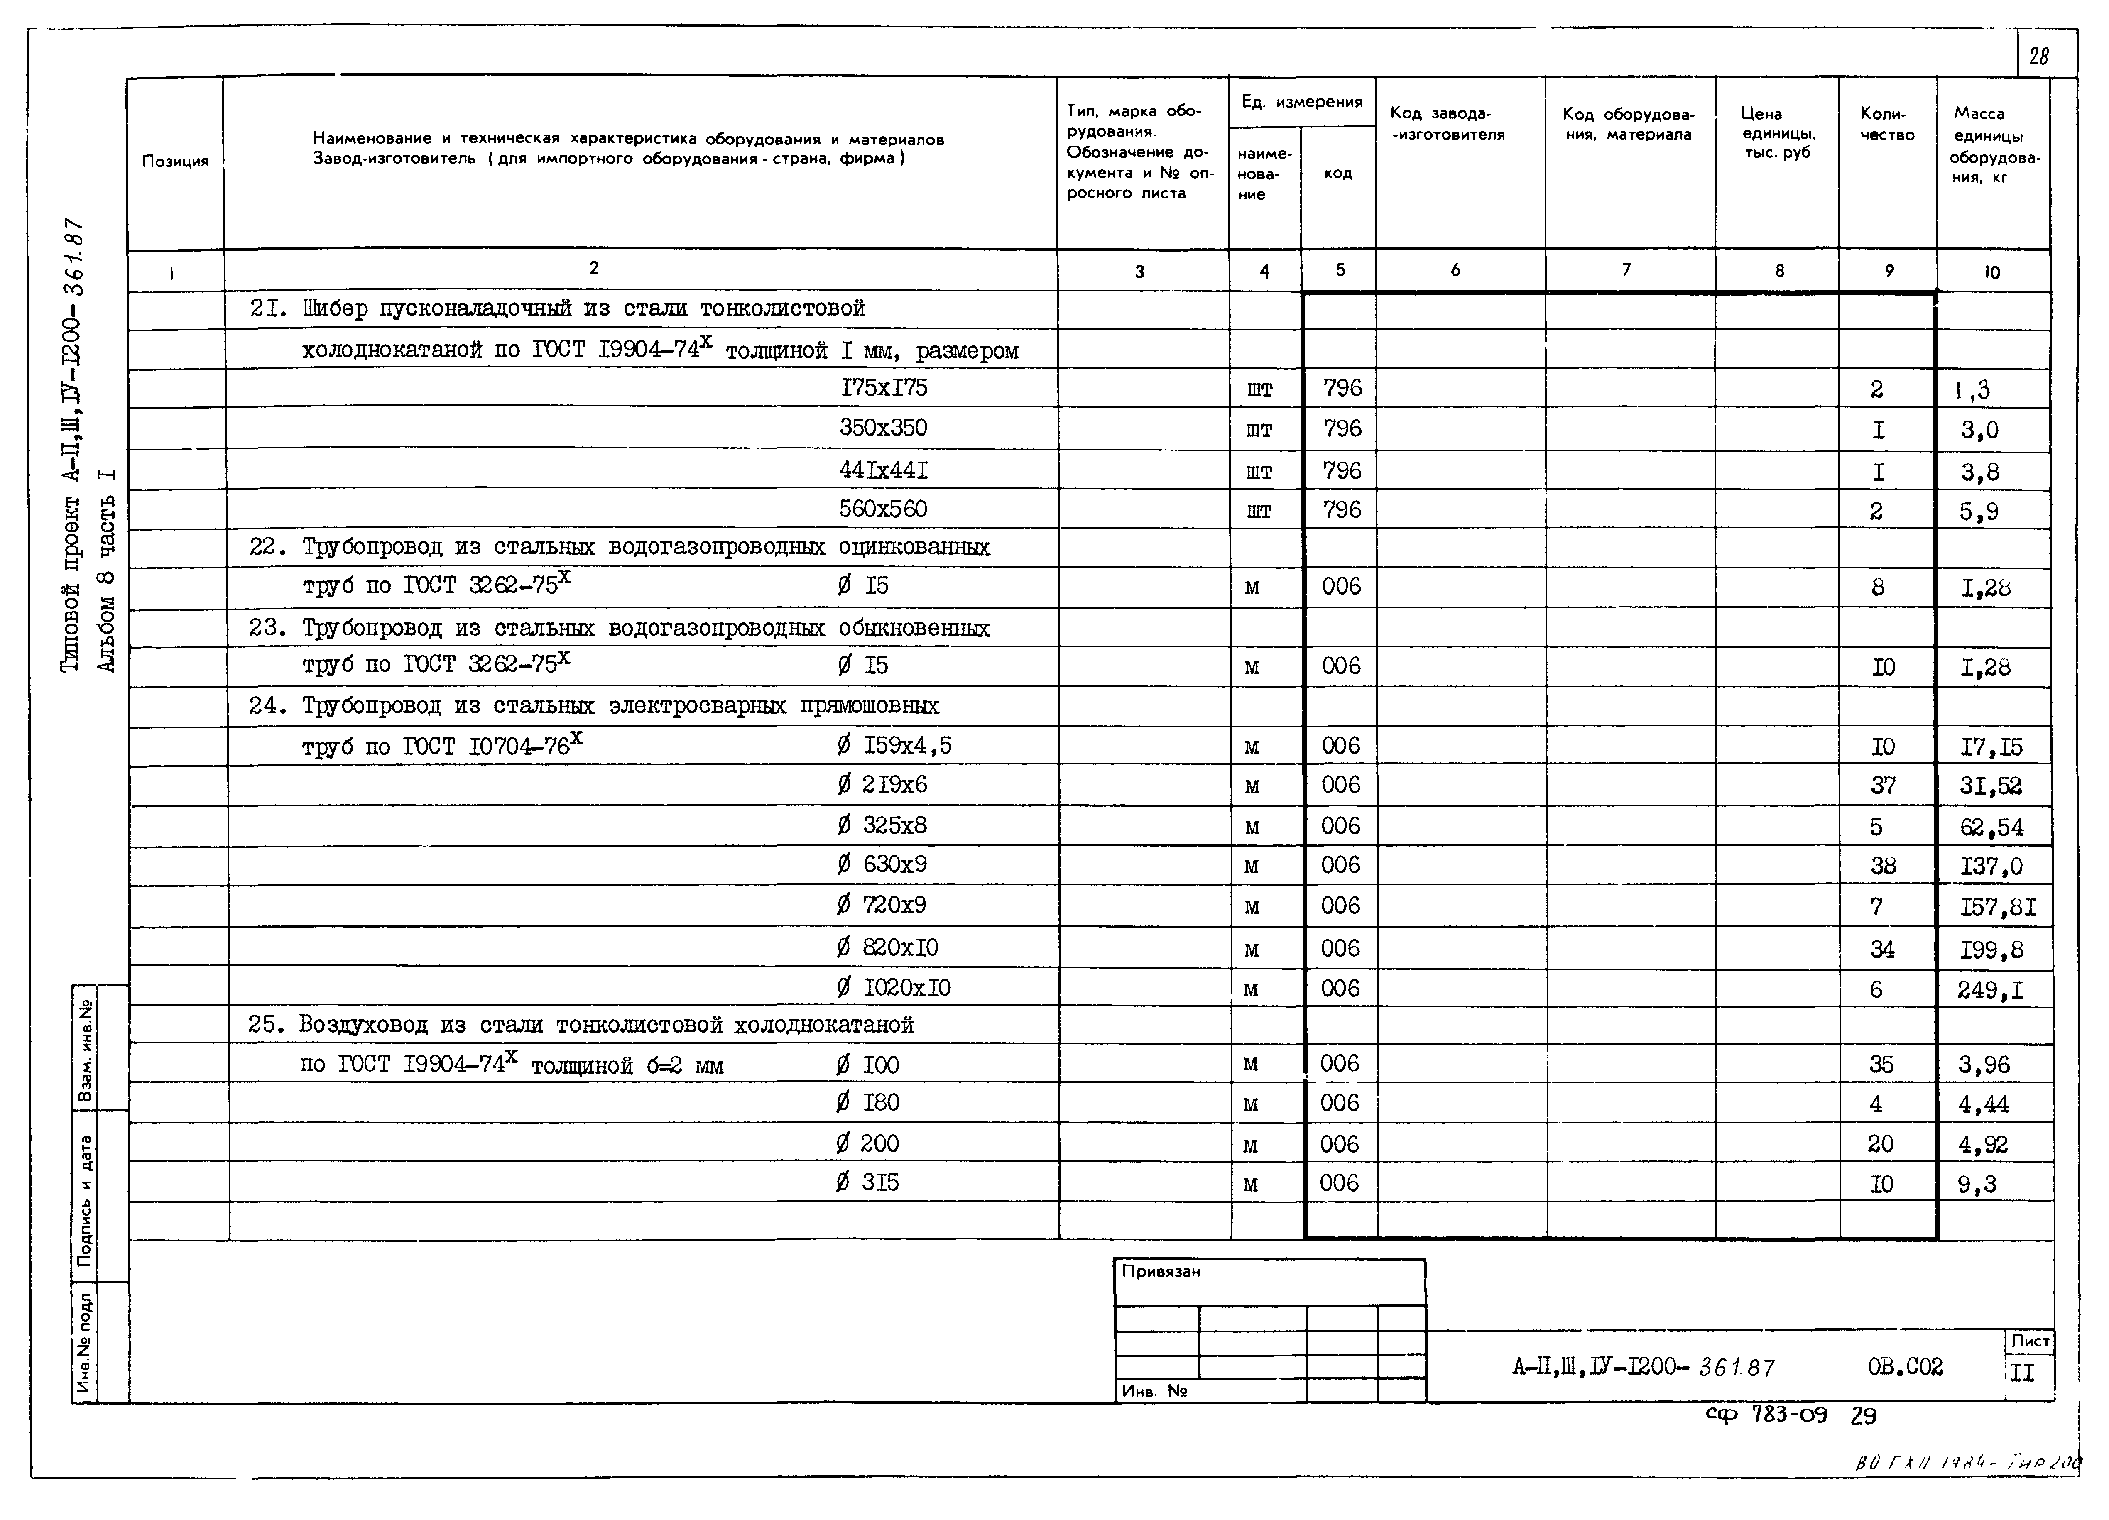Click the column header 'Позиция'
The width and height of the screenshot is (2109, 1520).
pyautogui.click(x=175, y=161)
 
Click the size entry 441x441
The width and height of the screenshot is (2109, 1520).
pyautogui.click(x=883, y=470)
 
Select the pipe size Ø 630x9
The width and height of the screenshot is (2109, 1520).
pyautogui.click(x=882, y=864)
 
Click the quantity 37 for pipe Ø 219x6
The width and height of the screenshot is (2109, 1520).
pyautogui.click(x=1883, y=786)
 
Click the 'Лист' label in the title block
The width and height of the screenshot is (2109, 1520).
pyautogui.click(x=2030, y=1341)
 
